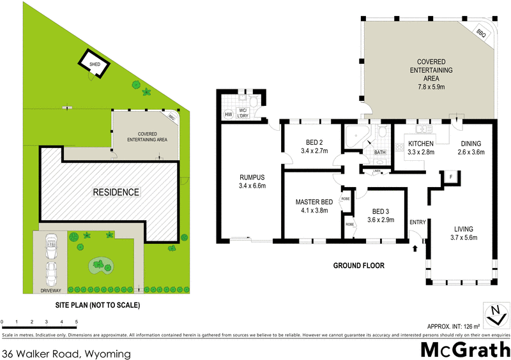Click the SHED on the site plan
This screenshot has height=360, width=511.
93,63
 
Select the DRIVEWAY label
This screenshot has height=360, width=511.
50,289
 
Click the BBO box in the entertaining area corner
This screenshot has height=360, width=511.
482,33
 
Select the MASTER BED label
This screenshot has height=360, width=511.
311,202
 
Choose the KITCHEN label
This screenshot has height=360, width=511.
421,144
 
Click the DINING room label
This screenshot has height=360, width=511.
471,144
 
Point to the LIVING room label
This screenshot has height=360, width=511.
463,229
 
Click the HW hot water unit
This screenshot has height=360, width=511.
228,115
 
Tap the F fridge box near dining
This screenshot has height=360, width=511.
450,177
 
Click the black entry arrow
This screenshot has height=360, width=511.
416,247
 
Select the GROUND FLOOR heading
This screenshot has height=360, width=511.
359,265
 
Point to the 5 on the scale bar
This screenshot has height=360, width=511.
77,322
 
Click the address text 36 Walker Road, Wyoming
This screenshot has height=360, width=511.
66,352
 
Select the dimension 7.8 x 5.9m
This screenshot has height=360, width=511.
431,85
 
